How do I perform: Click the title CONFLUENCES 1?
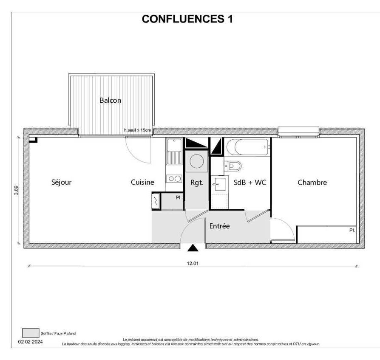point(187,19)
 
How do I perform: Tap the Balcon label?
point(111,100)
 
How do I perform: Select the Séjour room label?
point(61,182)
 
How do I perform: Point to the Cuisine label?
point(142,182)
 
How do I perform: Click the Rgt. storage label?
point(196,183)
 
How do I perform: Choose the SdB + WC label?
point(250,182)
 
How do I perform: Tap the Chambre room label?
point(312,182)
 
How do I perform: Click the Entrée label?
point(220,226)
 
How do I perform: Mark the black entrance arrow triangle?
point(193,248)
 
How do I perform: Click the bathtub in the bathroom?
point(247,147)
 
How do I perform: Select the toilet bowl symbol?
point(233,166)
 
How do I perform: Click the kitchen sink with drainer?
point(174,152)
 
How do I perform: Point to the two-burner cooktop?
point(174,179)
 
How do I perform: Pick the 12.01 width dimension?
point(193,263)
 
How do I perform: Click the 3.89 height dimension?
point(16,190)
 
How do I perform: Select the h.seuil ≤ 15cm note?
point(138,130)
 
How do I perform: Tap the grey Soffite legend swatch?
point(31,333)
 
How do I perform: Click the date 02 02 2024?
point(31,342)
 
